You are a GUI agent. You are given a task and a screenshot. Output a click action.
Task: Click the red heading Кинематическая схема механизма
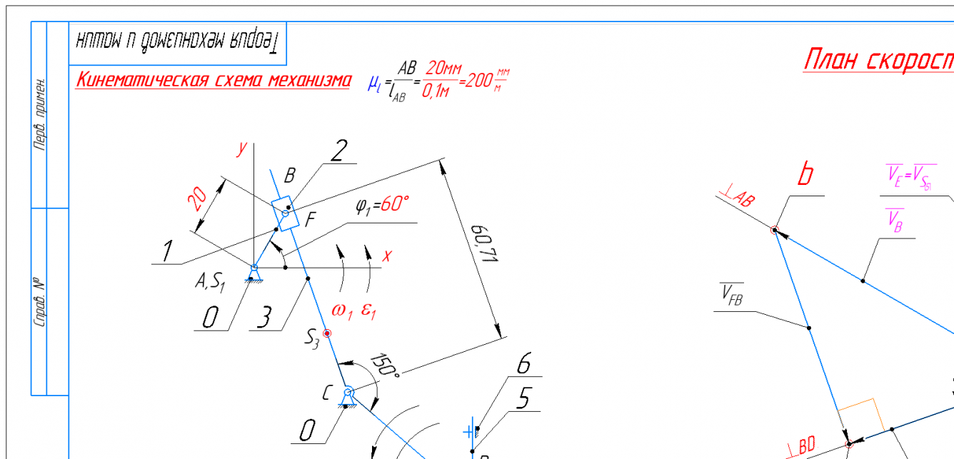pos(213,79)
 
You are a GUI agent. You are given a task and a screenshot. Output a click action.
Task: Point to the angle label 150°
pos(386,364)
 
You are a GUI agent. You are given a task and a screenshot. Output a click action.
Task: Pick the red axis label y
pos(243,148)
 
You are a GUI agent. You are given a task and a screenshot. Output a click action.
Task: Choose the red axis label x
pos(387,255)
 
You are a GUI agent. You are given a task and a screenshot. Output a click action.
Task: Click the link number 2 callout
pos(338,151)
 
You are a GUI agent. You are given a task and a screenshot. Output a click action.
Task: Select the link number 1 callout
pos(167,251)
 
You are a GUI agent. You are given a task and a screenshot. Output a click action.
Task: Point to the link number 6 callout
pos(523,365)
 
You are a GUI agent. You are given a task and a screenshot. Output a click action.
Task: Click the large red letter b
pos(805,176)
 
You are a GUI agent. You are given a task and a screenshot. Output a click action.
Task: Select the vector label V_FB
pos(731,295)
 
